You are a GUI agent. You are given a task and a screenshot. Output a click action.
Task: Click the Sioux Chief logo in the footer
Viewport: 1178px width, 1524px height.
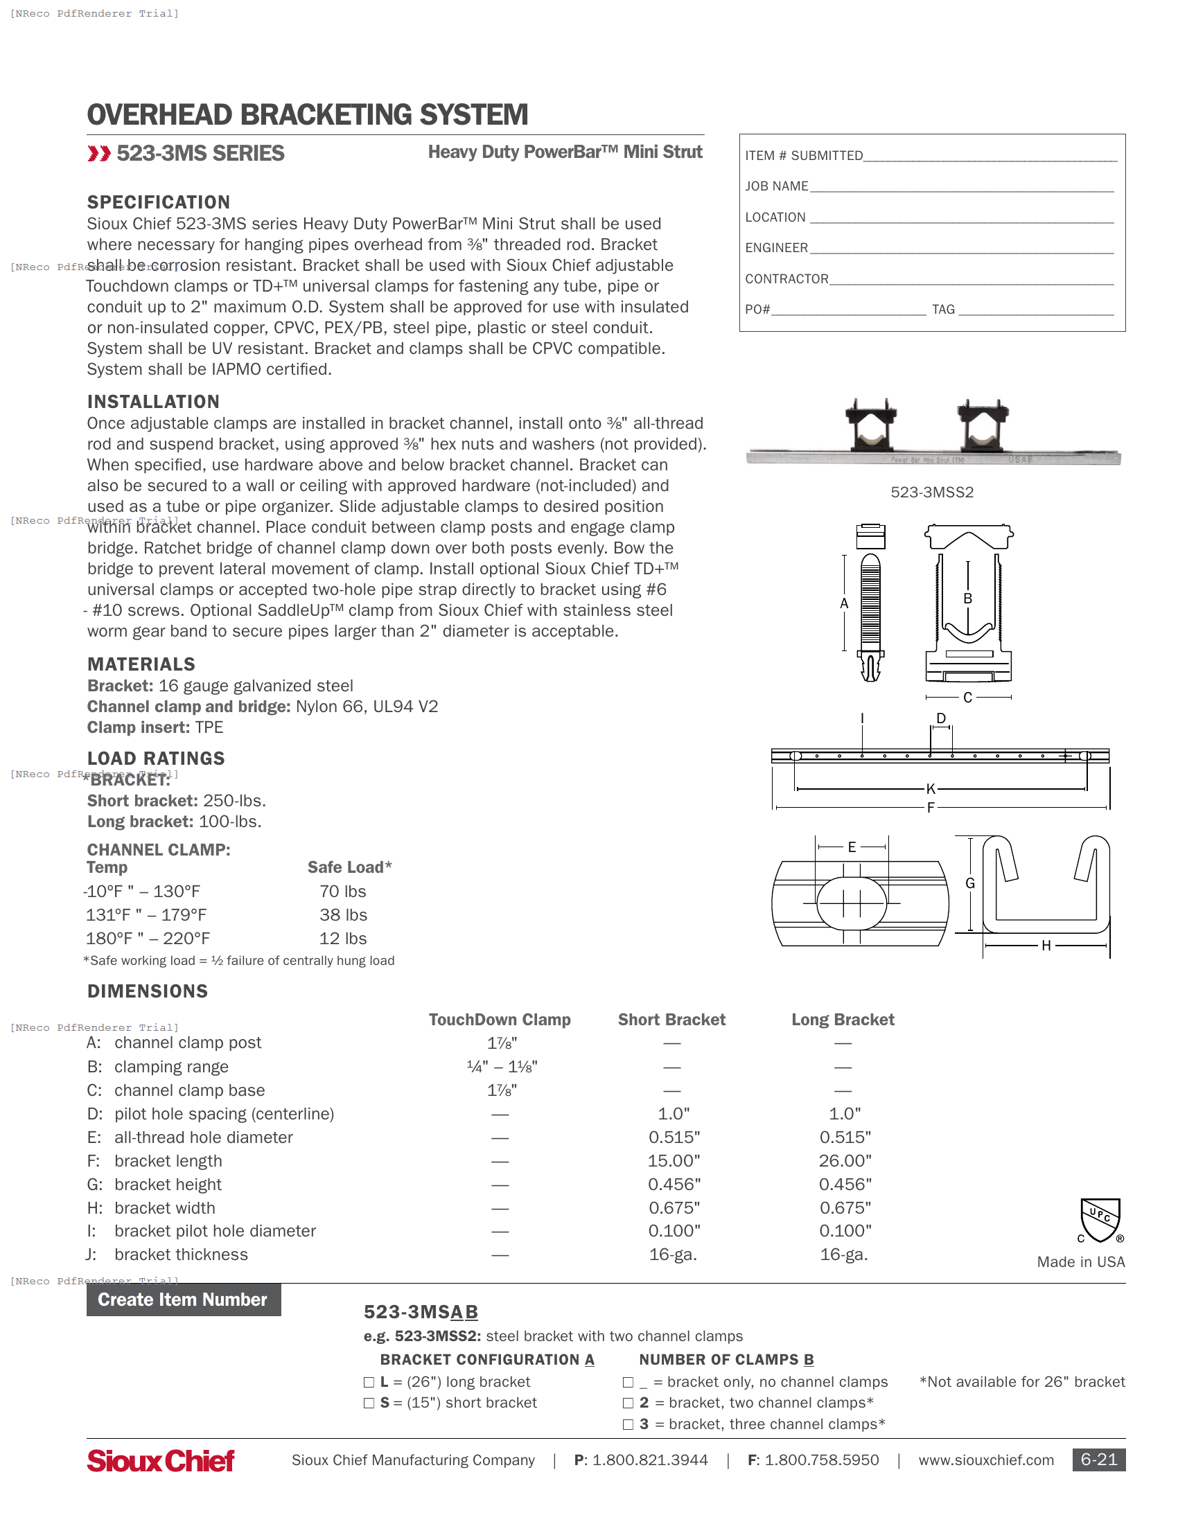click(x=161, y=1460)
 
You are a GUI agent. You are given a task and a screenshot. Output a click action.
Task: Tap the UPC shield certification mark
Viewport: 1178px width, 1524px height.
click(x=1100, y=1221)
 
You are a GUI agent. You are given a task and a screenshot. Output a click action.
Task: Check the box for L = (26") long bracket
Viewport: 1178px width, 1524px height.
click(x=369, y=1383)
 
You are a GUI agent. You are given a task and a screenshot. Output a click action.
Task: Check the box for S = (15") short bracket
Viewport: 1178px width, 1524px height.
click(x=369, y=1403)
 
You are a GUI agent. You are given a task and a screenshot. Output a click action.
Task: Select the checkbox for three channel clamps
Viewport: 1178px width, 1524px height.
click(x=628, y=1424)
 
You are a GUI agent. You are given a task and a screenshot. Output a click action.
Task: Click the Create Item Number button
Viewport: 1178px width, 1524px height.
click(x=184, y=1300)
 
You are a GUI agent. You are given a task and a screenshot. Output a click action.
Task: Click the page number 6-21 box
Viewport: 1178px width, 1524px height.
click(x=1098, y=1459)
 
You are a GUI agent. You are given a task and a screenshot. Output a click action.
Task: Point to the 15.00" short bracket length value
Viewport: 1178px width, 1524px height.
click(x=674, y=1160)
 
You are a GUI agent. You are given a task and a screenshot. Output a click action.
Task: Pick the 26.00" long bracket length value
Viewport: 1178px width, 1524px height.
click(x=845, y=1160)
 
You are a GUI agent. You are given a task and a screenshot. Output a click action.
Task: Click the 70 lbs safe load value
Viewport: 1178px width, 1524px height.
click(x=342, y=891)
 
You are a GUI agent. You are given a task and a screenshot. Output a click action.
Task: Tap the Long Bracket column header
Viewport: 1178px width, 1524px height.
click(x=843, y=1020)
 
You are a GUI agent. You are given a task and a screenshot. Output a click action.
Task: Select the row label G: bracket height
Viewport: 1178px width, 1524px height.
click(x=155, y=1184)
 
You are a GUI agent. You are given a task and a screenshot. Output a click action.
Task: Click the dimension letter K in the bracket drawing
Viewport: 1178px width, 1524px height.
click(x=930, y=789)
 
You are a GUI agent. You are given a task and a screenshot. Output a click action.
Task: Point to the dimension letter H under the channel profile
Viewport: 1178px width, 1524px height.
click(x=1046, y=946)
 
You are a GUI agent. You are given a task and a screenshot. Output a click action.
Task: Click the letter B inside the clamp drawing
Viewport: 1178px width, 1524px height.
click(x=967, y=598)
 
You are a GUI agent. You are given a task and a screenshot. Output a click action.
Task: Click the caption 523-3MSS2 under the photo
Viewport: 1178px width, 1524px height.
click(x=931, y=492)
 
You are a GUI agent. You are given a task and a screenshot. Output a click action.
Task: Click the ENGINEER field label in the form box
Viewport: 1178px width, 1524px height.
click(x=776, y=248)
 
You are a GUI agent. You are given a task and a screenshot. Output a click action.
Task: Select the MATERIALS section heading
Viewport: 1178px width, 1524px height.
click(x=141, y=664)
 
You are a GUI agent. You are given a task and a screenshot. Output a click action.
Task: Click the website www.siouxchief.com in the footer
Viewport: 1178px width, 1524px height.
click(x=985, y=1460)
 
